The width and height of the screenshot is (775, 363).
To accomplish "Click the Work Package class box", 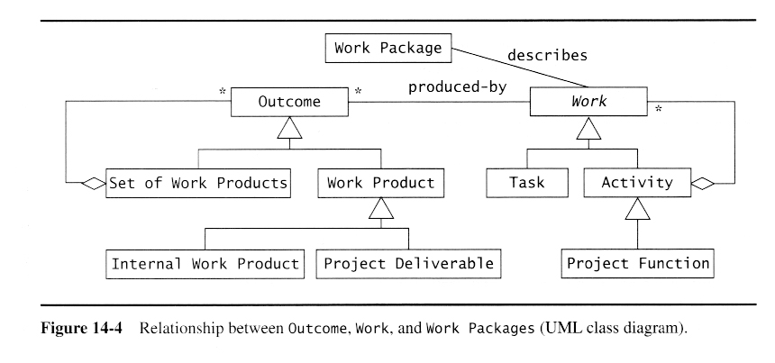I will [388, 48].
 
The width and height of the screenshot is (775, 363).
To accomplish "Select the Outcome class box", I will [289, 101].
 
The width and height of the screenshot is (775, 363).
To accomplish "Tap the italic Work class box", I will [588, 101].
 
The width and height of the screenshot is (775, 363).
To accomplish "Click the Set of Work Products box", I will [199, 183].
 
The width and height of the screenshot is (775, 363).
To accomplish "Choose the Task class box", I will [527, 183].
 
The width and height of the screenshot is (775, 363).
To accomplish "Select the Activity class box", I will [636, 183].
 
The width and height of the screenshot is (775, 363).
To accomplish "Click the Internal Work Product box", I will [205, 264].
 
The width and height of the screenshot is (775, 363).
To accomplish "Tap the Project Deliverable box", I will [408, 264].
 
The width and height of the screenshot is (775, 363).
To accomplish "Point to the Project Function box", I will [637, 263].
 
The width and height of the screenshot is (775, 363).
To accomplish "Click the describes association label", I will [547, 56].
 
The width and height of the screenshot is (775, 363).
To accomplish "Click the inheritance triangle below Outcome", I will [289, 131].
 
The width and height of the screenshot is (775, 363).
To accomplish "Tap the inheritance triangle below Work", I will [588, 131].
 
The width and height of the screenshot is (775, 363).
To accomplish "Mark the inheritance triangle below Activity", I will [637, 211].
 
